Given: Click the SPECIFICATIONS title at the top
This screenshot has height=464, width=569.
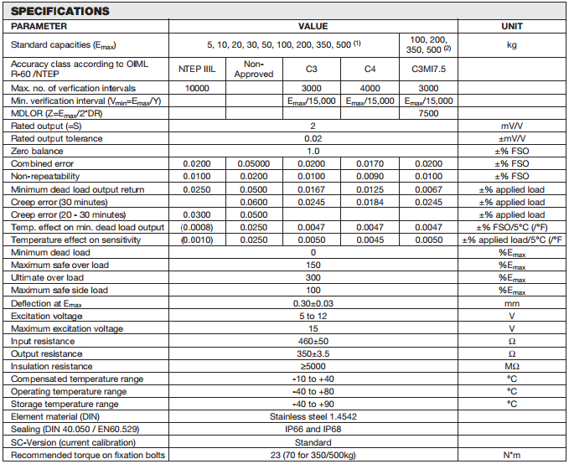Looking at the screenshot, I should tap(60, 11).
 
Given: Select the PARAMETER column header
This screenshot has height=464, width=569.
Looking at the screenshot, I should tap(39, 26).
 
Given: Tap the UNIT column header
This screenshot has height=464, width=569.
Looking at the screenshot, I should tap(511, 26).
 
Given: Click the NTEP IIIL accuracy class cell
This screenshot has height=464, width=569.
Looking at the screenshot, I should tap(197, 69).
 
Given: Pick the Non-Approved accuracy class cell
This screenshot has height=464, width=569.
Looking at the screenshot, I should tap(254, 69).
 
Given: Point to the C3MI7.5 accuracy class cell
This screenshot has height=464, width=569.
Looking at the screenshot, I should tap(427, 69).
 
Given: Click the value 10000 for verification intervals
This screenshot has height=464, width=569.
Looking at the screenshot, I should tap(197, 88).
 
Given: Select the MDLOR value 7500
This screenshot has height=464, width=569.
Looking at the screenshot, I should tap(427, 113).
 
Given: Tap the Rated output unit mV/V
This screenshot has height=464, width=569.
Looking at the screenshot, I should tap(511, 126).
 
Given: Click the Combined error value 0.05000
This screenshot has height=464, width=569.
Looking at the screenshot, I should tap(254, 163).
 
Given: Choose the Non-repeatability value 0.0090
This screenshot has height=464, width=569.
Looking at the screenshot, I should tap(370, 176).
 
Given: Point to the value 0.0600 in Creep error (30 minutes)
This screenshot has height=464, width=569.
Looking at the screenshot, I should tap(254, 202).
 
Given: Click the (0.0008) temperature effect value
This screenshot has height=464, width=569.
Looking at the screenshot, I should tap(197, 227).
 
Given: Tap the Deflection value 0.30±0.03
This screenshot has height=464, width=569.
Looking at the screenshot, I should tap(313, 302).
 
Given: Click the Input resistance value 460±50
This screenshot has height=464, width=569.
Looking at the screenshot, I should tap(313, 340).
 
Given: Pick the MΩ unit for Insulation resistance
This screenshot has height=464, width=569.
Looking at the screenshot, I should tap(511, 366).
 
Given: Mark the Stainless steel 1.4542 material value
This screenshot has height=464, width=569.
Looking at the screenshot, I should tap(313, 416).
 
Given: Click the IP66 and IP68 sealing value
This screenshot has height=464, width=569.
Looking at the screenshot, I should tap(313, 429).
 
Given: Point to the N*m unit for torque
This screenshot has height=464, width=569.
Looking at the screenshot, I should tap(511, 455).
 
